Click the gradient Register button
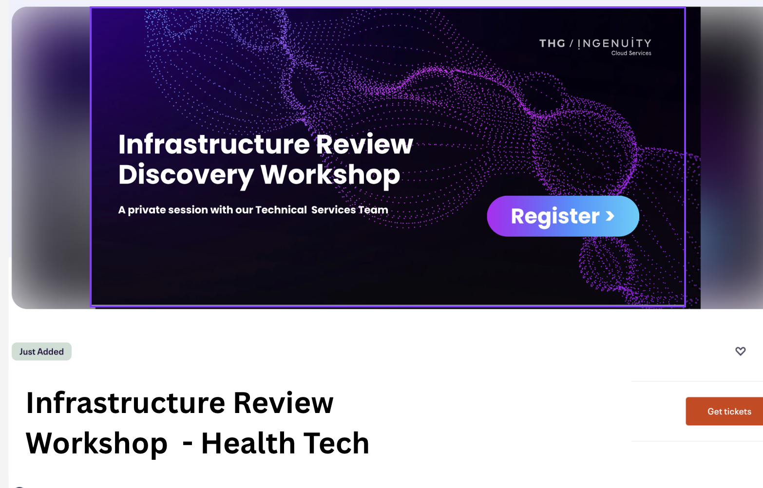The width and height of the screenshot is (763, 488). [x=563, y=216]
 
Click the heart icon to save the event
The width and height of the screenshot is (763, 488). [x=740, y=351]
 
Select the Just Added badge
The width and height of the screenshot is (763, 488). [x=41, y=352]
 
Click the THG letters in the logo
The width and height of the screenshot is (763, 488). [x=552, y=44]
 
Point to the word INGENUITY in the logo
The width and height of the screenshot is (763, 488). [x=614, y=43]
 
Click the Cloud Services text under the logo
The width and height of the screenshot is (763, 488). [x=631, y=53]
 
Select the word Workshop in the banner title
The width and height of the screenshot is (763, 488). [x=330, y=175]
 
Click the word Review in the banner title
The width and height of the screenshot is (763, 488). [x=364, y=144]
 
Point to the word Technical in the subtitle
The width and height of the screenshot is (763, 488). [x=281, y=210]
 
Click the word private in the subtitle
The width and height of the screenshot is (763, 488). [x=147, y=210]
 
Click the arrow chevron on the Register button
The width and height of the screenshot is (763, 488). [x=610, y=216]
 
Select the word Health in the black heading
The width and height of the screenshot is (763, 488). [x=248, y=443]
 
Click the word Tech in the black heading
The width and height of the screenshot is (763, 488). [x=336, y=443]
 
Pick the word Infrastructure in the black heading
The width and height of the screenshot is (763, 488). [x=125, y=403]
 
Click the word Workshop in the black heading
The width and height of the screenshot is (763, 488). [x=97, y=444]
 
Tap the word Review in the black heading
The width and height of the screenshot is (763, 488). [x=283, y=403]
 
